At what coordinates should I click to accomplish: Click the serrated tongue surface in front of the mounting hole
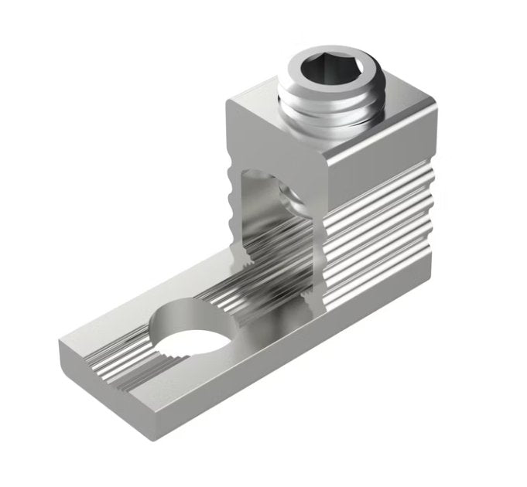click(x=116, y=348)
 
